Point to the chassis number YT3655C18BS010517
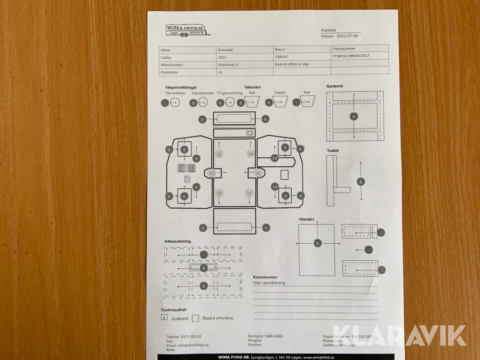pos(350,55)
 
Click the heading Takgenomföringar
pos(181,87)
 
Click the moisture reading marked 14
pos(250,154)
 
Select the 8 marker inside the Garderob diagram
pos(353,116)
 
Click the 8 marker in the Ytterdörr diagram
pos(317,243)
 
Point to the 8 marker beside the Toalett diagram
pos(361,182)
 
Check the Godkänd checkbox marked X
pos(164,317)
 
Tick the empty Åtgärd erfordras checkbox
pos(195,318)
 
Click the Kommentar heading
pos(265,277)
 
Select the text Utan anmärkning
pos(269,283)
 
